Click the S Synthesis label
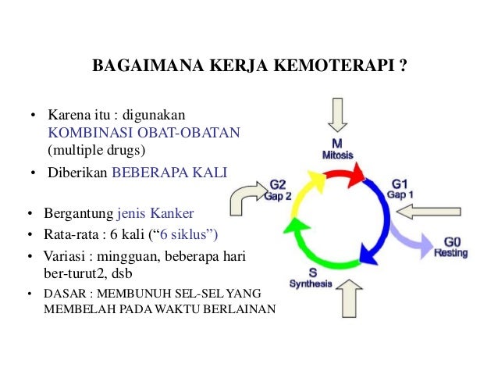coord(311,278)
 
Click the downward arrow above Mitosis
coord(337,115)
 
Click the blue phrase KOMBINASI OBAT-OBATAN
coord(144,133)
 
